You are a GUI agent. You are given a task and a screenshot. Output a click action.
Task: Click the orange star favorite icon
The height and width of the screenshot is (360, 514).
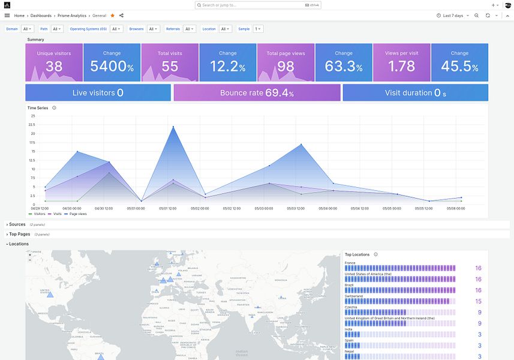112,16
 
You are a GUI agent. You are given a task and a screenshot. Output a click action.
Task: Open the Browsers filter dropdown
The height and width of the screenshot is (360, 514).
154,29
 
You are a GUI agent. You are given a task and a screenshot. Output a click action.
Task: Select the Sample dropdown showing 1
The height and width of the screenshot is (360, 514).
258,29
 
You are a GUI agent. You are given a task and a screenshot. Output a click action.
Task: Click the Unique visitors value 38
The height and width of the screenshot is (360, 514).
54,67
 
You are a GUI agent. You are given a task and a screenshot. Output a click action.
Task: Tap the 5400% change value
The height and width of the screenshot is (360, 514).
112,67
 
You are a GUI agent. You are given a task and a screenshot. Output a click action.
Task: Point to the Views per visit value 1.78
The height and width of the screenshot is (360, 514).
402,67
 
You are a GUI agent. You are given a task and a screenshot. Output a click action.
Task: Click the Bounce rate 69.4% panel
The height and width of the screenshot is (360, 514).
257,93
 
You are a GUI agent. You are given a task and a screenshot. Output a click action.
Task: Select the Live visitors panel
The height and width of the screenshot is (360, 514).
98,93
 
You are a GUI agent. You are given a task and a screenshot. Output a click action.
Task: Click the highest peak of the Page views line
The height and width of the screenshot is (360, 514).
173,127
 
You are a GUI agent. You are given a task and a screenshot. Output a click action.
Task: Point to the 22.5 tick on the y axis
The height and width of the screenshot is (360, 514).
32,125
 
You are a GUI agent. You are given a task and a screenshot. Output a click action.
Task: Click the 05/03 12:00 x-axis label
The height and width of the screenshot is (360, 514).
296,208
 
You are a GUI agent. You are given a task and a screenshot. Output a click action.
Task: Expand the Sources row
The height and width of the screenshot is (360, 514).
17,224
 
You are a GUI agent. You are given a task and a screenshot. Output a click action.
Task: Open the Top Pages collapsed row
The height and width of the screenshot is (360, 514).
19,234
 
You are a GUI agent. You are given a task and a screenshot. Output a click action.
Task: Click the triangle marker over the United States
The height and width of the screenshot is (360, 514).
50,294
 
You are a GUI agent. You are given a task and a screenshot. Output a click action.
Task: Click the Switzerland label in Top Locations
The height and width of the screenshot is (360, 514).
354,296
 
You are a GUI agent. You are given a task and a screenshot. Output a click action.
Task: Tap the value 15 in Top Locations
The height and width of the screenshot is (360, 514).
478,301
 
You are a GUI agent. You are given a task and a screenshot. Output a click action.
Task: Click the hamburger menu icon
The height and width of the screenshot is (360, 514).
7,16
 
